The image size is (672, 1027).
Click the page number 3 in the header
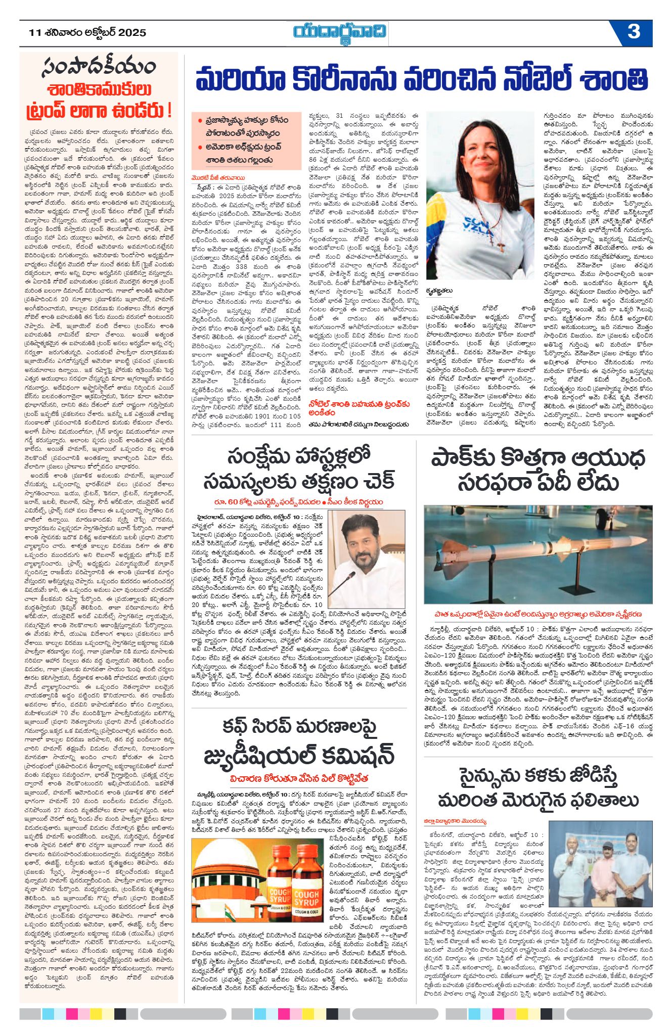click(634, 32)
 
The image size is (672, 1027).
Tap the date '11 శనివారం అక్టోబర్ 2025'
click(87, 33)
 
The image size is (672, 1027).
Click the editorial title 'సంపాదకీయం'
click(99, 66)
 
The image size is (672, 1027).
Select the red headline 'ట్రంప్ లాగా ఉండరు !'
click(99, 110)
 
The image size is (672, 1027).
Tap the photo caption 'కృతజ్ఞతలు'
click(438, 291)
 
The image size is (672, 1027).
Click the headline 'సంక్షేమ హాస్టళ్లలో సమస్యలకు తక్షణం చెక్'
click(299, 469)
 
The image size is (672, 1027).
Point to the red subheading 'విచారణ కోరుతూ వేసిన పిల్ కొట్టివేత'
click(299, 778)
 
